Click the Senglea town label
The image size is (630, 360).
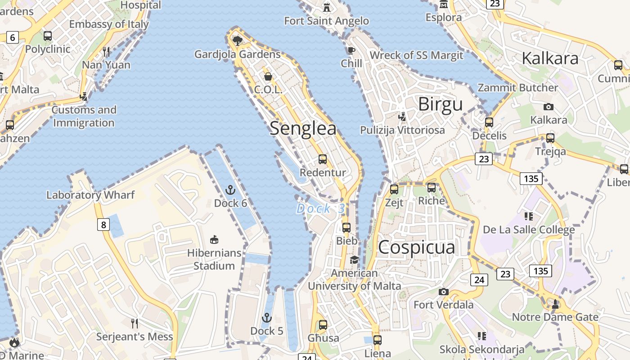[303, 129]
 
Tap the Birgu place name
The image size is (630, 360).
[440, 104]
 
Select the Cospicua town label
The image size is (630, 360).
[416, 247]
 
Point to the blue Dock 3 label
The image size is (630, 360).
[321, 208]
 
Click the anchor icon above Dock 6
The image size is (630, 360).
[230, 190]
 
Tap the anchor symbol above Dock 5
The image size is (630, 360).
[267, 318]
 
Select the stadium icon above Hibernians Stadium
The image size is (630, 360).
[214, 240]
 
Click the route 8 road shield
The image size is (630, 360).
[103, 224]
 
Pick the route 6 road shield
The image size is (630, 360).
[13, 37]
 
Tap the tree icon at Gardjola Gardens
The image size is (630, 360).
[238, 41]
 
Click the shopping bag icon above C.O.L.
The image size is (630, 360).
[268, 76]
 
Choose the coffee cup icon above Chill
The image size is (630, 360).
[351, 50]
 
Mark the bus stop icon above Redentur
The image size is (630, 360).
[323, 159]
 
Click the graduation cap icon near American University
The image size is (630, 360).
[355, 260]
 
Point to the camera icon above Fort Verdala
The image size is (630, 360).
[444, 292]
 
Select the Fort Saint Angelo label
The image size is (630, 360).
[326, 21]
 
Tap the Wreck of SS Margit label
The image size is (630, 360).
[416, 55]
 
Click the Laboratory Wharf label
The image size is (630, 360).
[90, 195]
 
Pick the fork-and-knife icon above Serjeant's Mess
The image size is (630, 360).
[134, 323]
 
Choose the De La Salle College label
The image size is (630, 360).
[529, 230]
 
